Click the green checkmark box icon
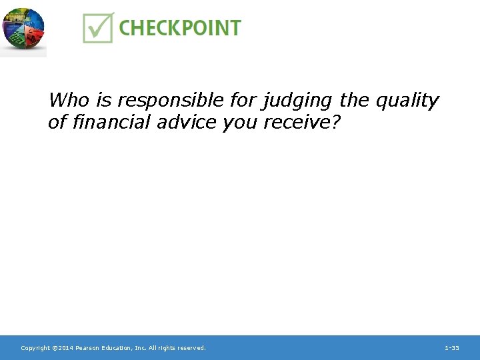(98, 27)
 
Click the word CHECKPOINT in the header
(180, 28)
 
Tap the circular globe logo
(23, 29)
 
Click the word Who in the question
(69, 101)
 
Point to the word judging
(299, 101)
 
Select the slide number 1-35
(451, 348)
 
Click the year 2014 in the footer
(65, 348)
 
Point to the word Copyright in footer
(35, 348)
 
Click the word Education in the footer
(117, 348)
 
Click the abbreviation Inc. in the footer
(139, 348)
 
